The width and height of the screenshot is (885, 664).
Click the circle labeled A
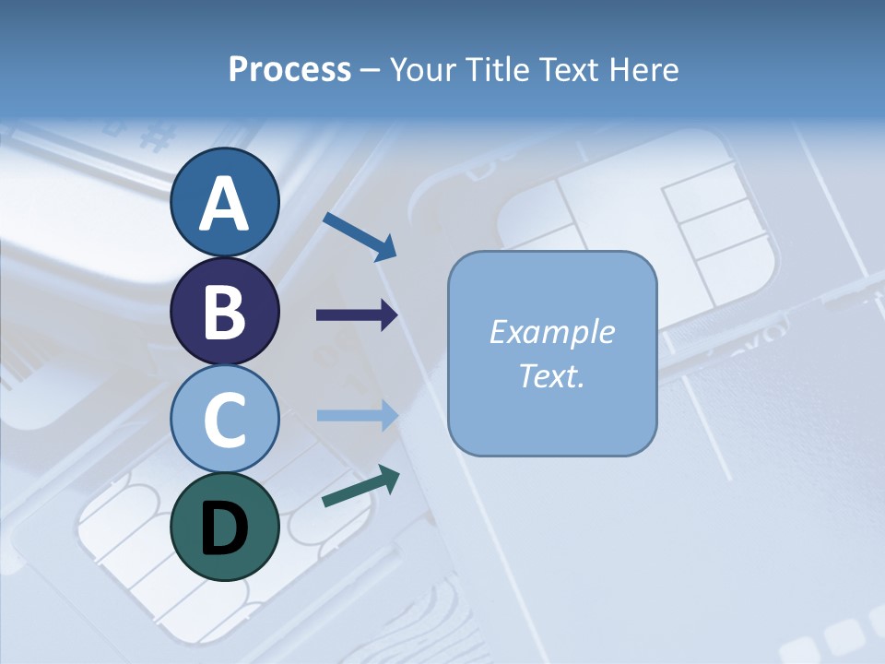click(x=224, y=202)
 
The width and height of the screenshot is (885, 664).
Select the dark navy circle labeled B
click(x=224, y=311)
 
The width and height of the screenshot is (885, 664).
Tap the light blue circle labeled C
click(x=224, y=419)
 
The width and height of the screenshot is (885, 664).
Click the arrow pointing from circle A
click(x=360, y=236)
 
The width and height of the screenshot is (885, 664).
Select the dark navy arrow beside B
click(x=357, y=315)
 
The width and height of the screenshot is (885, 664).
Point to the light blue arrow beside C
click(x=357, y=415)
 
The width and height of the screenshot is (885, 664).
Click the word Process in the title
click(x=289, y=70)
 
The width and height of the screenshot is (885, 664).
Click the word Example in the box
click(x=551, y=332)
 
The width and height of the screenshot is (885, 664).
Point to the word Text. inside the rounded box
click(x=551, y=375)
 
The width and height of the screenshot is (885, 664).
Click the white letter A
click(x=224, y=204)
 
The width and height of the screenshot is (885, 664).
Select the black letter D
click(x=224, y=528)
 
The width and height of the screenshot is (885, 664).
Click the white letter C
click(x=224, y=420)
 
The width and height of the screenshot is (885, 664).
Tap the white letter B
click(x=224, y=312)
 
